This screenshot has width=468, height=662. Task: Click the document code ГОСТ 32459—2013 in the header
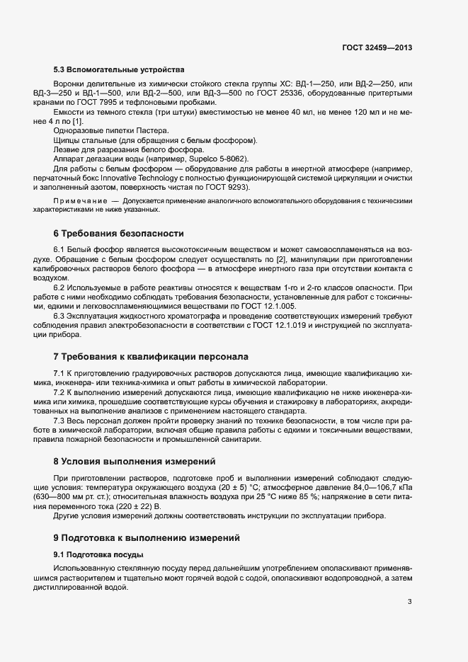pyautogui.click(x=377, y=48)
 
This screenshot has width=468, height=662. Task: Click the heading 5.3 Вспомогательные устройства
pyautogui.click(x=119, y=69)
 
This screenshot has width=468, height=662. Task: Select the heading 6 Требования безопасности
pyautogui.click(x=118, y=233)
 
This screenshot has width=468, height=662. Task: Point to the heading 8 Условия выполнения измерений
pyautogui.click(x=134, y=462)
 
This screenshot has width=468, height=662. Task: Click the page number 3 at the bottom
pyautogui.click(x=410, y=603)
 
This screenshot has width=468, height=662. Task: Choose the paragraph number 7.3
pyautogui.click(x=60, y=421)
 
